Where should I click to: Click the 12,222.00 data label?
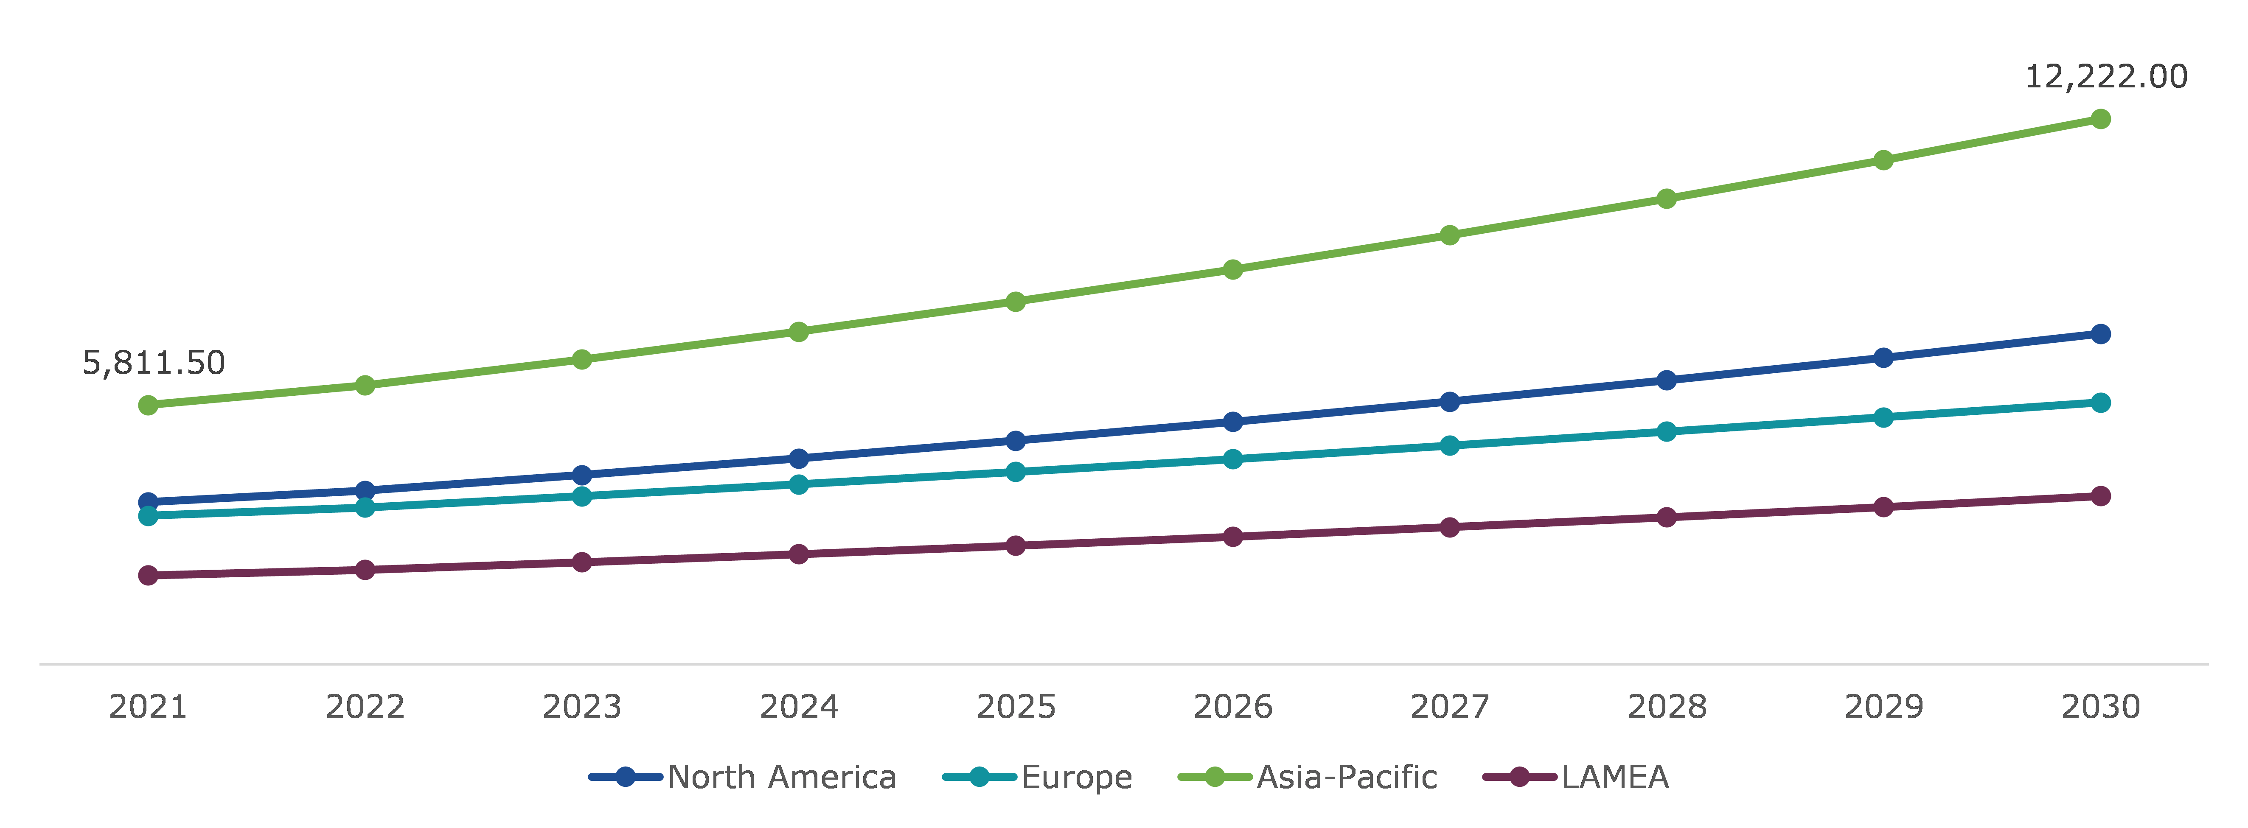coord(2105,77)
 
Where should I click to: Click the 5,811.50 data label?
coord(154,362)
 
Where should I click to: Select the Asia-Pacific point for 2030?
coord(2100,119)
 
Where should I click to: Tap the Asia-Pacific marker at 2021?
coord(149,405)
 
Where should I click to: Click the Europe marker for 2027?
coord(1449,446)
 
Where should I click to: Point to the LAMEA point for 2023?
coord(582,562)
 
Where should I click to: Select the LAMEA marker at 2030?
coord(2100,495)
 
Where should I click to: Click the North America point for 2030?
coord(2100,334)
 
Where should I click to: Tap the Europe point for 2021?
coord(149,516)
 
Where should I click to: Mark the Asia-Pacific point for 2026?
coord(1232,270)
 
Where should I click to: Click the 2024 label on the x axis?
coord(799,707)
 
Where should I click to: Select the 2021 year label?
coord(149,707)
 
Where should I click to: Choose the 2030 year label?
coord(2100,707)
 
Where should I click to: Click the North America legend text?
coord(782,777)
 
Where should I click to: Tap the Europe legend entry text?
coord(1076,777)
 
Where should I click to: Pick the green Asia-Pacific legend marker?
coord(1214,777)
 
